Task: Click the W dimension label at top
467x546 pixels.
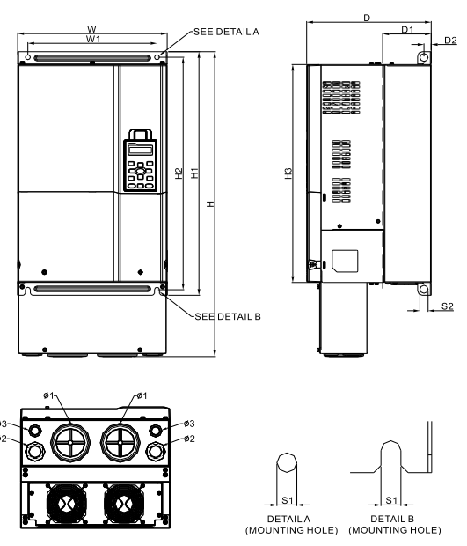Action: pos(91,29)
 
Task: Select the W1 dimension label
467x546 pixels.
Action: pos(91,40)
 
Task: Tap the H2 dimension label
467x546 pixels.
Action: pos(179,173)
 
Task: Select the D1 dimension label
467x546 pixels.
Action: pos(406,29)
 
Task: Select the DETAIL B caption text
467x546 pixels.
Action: pos(393,520)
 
